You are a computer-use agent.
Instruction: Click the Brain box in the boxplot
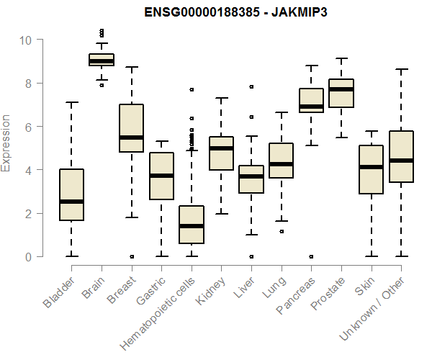point(102,60)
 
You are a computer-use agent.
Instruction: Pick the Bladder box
point(71,194)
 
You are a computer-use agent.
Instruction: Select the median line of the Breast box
point(131,138)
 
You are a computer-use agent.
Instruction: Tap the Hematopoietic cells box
point(191,225)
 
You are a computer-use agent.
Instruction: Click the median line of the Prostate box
point(341,89)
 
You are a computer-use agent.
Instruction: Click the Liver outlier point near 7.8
point(251,86)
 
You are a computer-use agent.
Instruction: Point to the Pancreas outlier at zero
point(311,256)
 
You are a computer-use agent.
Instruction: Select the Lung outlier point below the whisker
point(281,232)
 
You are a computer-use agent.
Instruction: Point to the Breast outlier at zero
point(131,256)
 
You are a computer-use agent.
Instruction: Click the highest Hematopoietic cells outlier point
point(191,90)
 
